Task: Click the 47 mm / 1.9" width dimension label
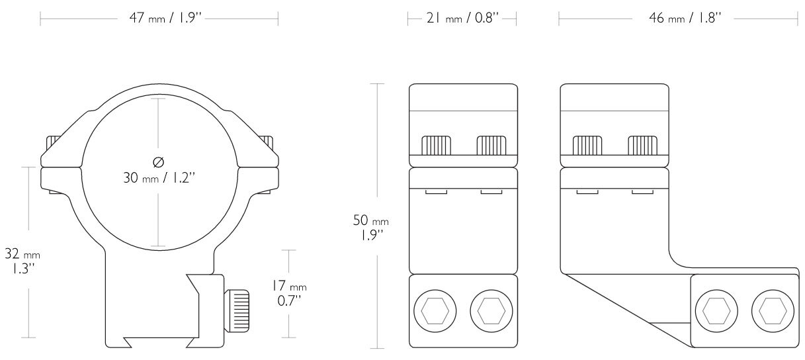click(165, 18)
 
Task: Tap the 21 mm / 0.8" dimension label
click(462, 18)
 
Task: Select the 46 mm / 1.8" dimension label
click(685, 18)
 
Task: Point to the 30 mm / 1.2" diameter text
click(159, 177)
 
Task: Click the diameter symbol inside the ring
click(159, 162)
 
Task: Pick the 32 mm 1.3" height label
click(22, 261)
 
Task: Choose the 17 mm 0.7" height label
click(289, 293)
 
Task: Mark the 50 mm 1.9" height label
click(371, 227)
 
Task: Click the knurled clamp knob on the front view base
click(236, 311)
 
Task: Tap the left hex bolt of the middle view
click(435, 311)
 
